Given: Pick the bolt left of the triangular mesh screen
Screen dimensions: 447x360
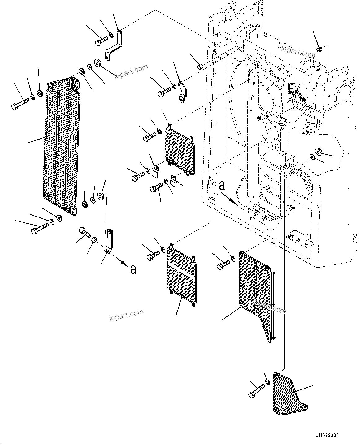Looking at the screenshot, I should click(x=256, y=390).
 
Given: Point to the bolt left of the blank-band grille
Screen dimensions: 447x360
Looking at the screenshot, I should click(x=153, y=256).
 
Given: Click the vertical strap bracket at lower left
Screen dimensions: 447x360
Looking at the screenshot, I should click(x=109, y=241).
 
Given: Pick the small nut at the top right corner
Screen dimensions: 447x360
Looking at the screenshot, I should click(x=320, y=49).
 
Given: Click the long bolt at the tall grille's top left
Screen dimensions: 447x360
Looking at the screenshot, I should click(x=20, y=103).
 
